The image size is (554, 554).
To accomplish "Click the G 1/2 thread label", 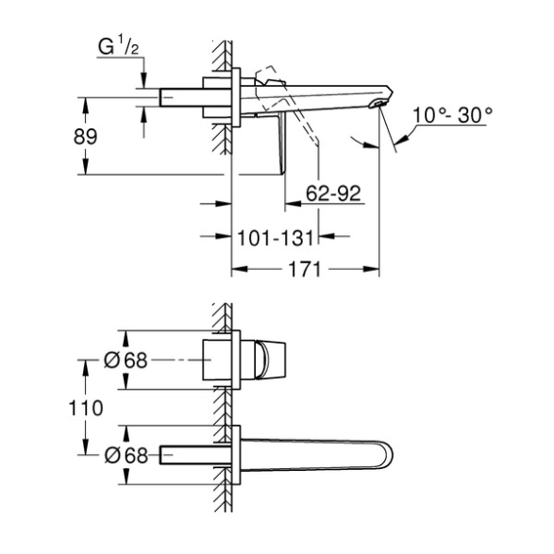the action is click(118, 47).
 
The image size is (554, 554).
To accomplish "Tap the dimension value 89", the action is click(85, 136).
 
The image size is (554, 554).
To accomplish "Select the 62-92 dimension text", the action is click(333, 193).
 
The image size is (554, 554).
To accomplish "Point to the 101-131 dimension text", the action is click(276, 238).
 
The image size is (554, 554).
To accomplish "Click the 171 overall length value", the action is click(304, 270).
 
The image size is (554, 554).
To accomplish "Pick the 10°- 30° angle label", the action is click(453, 115).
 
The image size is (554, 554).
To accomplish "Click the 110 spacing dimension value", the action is click(86, 408).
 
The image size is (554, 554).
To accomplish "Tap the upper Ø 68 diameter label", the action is click(126, 361).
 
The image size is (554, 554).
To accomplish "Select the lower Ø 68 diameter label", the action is click(126, 456).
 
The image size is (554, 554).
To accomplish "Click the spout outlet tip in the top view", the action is click(378, 104).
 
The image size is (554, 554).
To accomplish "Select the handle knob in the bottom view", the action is click(270, 360).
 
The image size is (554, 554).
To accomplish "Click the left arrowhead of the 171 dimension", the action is click(239, 270).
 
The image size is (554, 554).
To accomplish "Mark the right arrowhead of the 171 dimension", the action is click(371, 270).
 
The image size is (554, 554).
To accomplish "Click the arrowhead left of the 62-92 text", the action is click(293, 204).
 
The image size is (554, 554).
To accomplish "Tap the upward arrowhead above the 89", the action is click(85, 105).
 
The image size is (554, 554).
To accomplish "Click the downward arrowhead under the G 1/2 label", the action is click(143, 80).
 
